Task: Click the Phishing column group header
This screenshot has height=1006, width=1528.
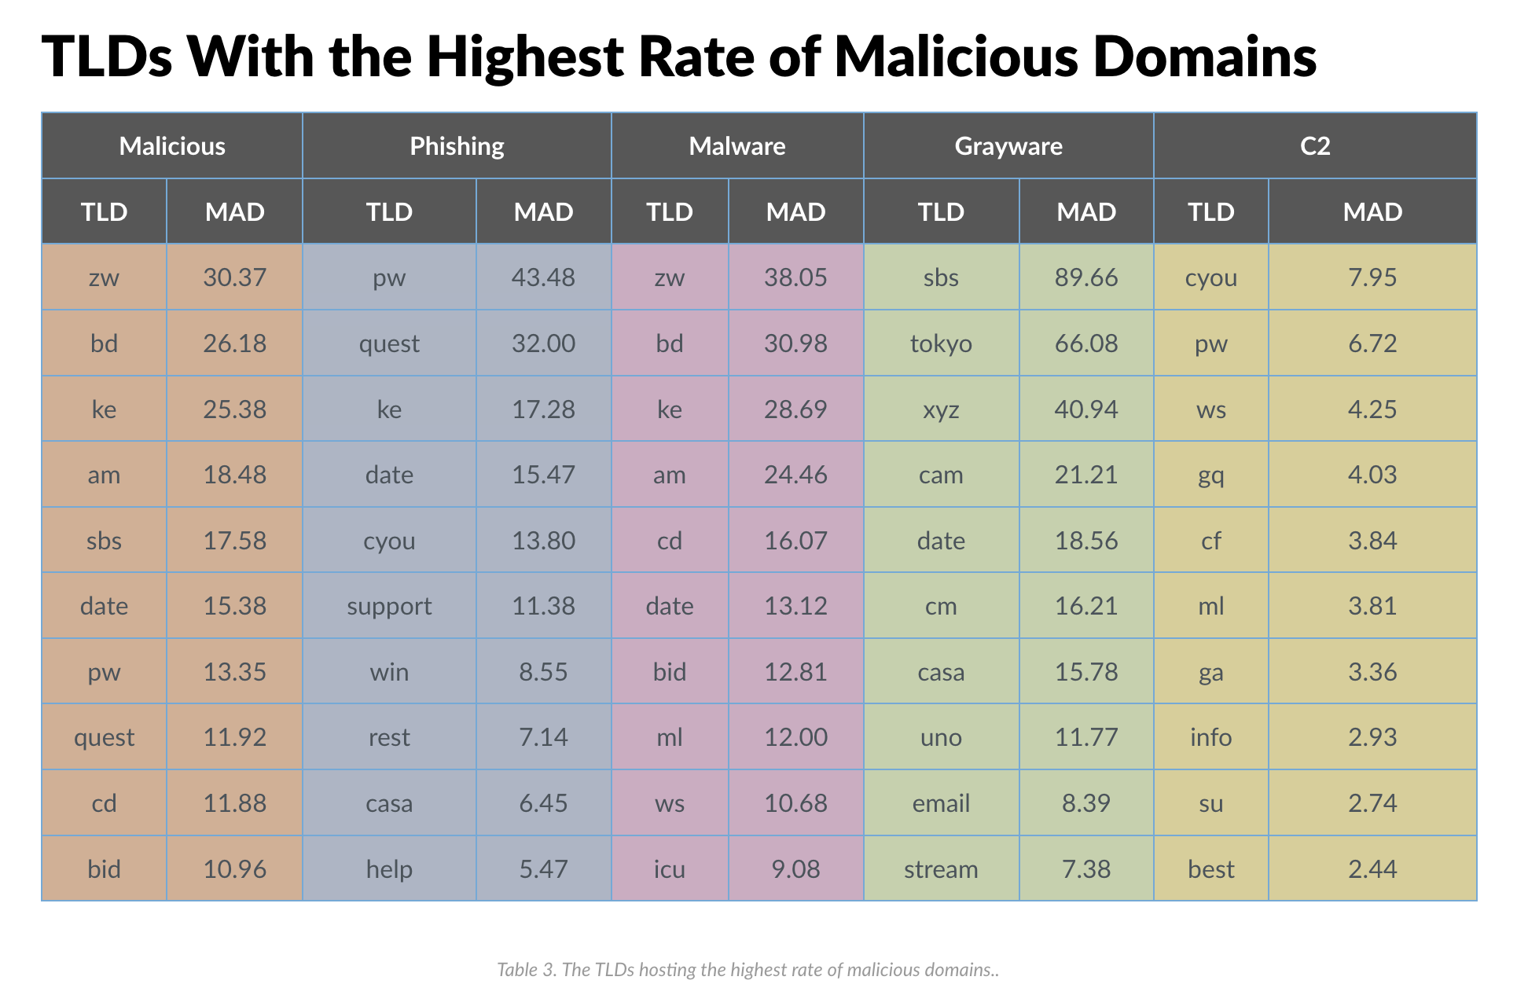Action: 457,146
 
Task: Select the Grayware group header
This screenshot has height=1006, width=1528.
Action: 1008,146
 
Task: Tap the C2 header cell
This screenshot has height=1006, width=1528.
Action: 1315,146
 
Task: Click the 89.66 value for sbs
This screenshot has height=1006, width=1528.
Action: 1086,277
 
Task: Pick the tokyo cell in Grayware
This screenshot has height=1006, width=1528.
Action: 942,343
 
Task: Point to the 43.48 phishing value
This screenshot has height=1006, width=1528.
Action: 543,277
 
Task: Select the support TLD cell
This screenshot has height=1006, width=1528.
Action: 389,606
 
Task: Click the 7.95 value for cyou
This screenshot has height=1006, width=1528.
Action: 1372,277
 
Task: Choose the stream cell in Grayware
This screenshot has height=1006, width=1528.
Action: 942,869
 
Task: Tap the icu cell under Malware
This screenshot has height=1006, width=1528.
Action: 670,869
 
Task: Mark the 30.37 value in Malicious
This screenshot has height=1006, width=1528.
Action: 234,277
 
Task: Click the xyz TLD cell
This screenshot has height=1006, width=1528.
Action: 942,409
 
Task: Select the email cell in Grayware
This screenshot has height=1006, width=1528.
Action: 942,803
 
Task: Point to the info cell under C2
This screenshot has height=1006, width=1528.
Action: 1211,737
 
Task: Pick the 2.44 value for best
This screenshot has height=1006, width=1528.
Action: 1372,869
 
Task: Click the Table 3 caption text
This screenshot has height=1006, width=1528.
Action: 748,970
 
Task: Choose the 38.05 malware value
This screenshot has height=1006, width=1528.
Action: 795,277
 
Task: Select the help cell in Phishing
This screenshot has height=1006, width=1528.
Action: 389,869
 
